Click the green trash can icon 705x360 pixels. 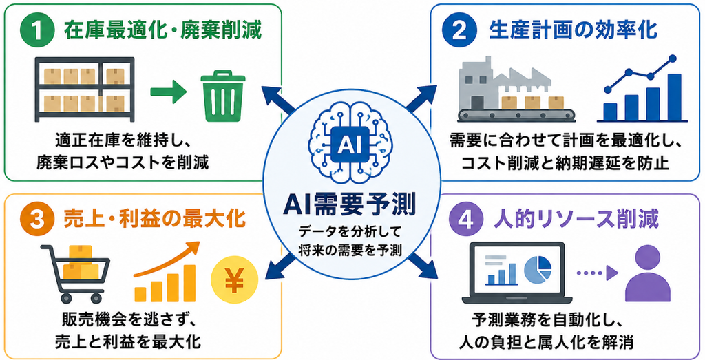pyautogui.click(x=223, y=95)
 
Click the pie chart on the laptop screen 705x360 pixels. pyautogui.click(x=538, y=268)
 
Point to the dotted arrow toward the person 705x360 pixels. pyautogui.click(x=596, y=272)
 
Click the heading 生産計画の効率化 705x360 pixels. pyautogui.click(x=573, y=31)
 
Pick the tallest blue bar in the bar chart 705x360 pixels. pyautogui.click(x=674, y=98)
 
